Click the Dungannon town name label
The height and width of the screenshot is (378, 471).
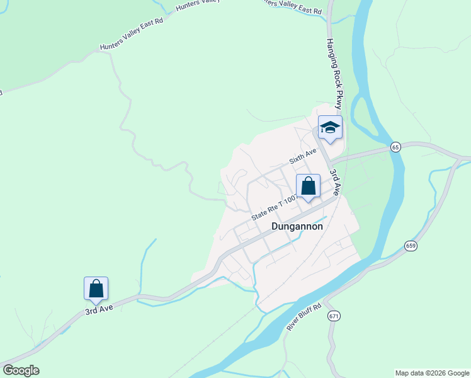coord(297,226)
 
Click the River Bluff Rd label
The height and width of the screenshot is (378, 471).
coord(304,318)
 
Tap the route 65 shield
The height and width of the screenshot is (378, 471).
coord(395,147)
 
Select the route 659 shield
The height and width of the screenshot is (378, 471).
coord(411,246)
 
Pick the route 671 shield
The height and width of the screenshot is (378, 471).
coord(334,316)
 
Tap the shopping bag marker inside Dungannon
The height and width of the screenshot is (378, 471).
coord(308,186)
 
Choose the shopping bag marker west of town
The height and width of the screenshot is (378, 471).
coord(96,289)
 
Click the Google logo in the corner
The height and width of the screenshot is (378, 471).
coord(21,370)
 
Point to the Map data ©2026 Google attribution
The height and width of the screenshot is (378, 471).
coord(432,373)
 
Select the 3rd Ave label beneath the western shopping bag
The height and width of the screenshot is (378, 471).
coord(99,311)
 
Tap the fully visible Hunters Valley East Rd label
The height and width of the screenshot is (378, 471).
coord(132,34)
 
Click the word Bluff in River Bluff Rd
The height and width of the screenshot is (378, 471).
coord(305,316)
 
